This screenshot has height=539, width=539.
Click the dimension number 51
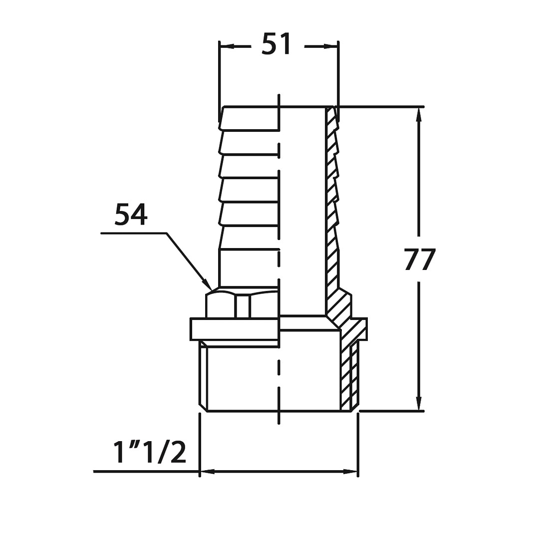276,44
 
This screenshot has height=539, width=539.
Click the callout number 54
131,215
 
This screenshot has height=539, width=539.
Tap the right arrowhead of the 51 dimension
330,46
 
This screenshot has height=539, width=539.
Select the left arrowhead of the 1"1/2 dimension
208,472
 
